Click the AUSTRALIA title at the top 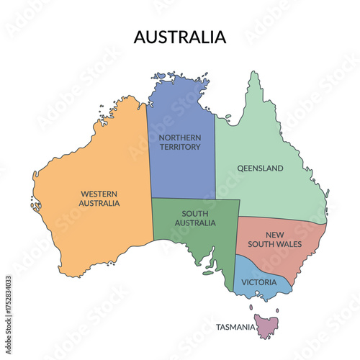tap(180, 37)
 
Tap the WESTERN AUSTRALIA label tap(100, 198)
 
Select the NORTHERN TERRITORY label tap(181, 143)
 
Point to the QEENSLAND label tap(260, 168)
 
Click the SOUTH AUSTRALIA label tap(195, 218)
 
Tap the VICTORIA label tap(259, 282)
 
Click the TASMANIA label tap(235, 328)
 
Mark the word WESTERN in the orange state tap(100, 193)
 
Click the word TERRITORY tap(181, 148)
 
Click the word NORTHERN tap(181, 138)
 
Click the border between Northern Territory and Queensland tap(215, 158)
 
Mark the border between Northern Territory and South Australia tap(184, 199)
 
